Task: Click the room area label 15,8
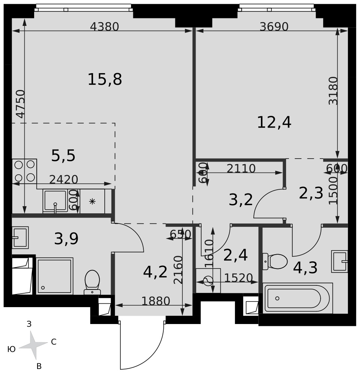[105, 79]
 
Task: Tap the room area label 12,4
[274, 122]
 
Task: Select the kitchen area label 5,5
[63, 156]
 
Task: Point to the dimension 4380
[104, 27]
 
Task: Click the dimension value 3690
[274, 27]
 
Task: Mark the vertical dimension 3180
[333, 91]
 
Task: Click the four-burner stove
[24, 171]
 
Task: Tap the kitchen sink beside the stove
[55, 201]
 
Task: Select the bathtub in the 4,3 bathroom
[298, 298]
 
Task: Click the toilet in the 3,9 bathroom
[92, 282]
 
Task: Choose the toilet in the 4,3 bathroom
[275, 261]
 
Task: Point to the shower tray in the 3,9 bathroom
[54, 276]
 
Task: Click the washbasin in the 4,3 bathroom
[339, 261]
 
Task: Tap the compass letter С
[54, 342]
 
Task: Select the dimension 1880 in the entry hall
[155, 301]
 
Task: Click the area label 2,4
[235, 255]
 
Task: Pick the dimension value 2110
[241, 169]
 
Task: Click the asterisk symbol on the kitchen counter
[92, 202]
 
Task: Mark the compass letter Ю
[12, 349]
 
